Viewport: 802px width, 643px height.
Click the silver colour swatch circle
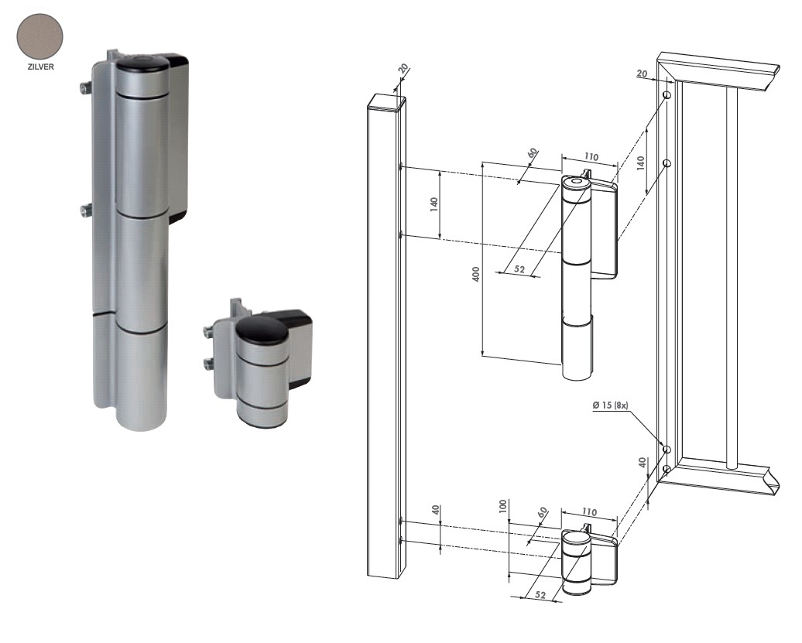(40, 37)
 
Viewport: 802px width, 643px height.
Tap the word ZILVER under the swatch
(41, 67)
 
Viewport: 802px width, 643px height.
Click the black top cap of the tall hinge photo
(141, 66)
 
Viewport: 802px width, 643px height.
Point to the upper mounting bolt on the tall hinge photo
(86, 88)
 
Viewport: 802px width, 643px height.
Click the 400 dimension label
(476, 275)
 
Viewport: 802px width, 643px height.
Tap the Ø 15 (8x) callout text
(610, 405)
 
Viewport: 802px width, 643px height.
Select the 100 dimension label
(503, 506)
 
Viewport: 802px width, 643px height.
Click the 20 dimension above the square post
(403, 69)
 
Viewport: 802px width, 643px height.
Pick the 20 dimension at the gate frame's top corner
(642, 73)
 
